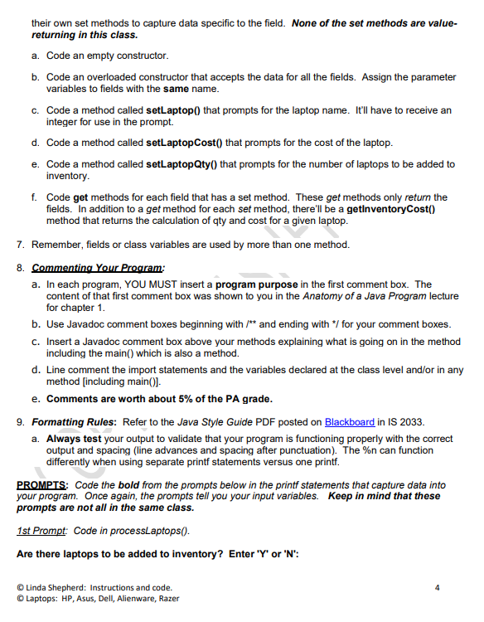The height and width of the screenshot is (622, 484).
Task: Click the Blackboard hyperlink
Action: tap(350, 422)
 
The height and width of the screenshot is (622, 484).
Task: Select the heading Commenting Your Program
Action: tap(98, 268)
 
